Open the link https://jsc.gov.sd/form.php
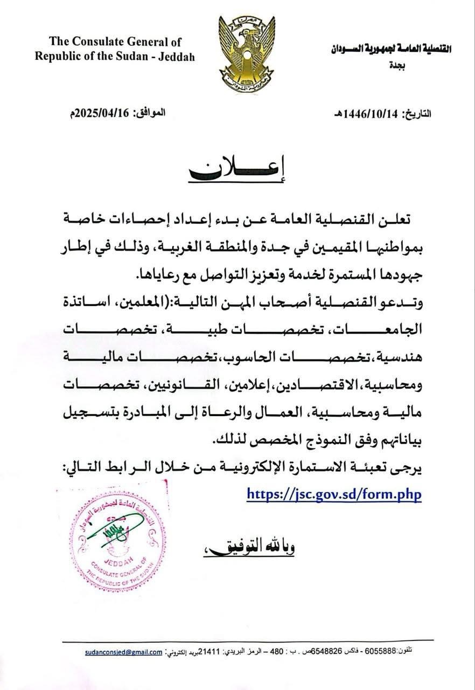(x=334, y=493)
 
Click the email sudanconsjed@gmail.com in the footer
(x=124, y=651)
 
